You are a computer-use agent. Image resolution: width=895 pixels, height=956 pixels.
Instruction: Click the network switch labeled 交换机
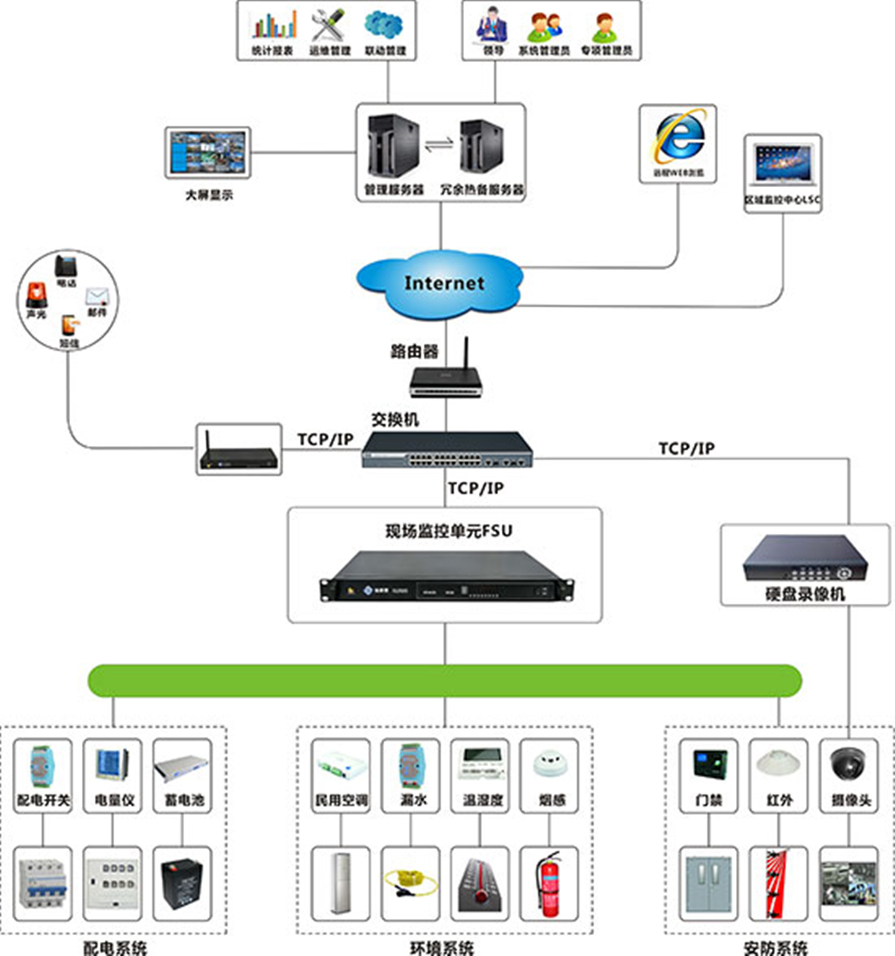(447, 450)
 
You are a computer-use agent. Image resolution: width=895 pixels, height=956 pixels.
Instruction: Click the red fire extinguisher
(550, 884)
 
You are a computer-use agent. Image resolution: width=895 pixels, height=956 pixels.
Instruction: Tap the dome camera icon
(850, 765)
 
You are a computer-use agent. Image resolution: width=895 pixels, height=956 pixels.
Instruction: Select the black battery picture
(183, 884)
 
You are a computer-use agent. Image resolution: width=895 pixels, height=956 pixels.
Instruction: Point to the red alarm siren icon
(36, 295)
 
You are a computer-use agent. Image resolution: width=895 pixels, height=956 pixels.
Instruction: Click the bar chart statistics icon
(273, 25)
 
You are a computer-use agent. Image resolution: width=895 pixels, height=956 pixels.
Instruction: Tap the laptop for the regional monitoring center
(782, 165)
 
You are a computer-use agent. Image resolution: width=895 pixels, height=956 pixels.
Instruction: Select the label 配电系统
(115, 947)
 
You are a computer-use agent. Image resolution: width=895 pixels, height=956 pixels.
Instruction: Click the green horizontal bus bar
(445, 680)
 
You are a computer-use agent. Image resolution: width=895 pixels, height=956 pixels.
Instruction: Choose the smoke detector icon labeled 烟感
(551, 765)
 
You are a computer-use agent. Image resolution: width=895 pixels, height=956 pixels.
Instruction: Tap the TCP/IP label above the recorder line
(686, 448)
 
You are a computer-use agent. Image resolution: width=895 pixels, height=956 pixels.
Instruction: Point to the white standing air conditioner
(342, 884)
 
